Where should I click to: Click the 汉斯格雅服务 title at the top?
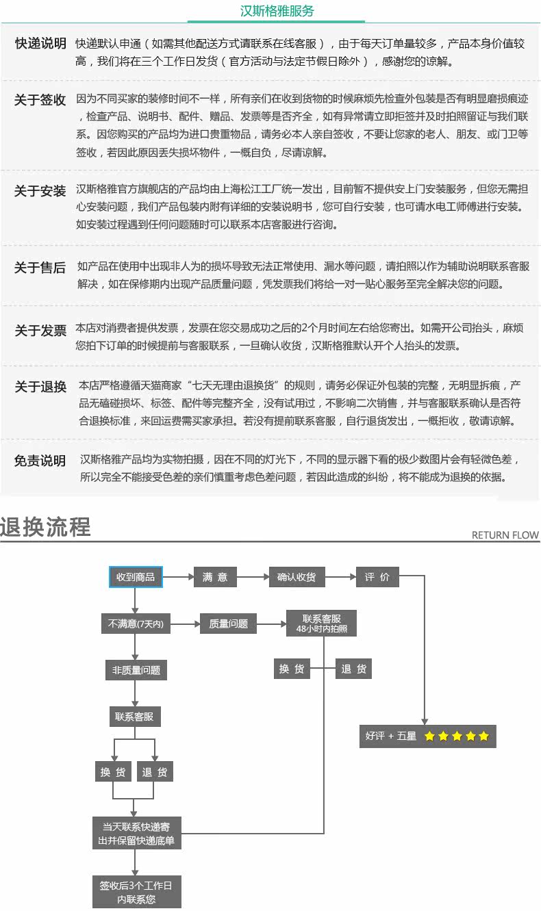tap(278, 12)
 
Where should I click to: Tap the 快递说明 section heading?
tap(40, 44)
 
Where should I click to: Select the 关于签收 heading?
tap(40, 100)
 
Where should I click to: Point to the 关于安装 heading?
tap(40, 191)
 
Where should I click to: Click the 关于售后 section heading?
tap(40, 268)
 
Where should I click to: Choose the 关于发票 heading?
tap(40, 331)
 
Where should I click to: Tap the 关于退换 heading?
tap(40, 387)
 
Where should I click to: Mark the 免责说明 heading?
tap(40, 461)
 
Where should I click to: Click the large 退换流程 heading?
tap(45, 527)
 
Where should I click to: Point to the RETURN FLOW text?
tap(505, 535)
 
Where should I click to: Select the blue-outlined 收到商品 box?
tap(136, 577)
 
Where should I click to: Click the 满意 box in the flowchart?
tap(215, 577)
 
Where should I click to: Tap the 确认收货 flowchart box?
tap(297, 577)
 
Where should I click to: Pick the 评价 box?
tap(377, 577)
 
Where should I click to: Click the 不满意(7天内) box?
tap(136, 624)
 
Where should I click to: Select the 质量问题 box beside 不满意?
tap(229, 624)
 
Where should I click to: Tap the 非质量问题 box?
tap(136, 670)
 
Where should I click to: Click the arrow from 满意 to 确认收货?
tap(253, 577)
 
